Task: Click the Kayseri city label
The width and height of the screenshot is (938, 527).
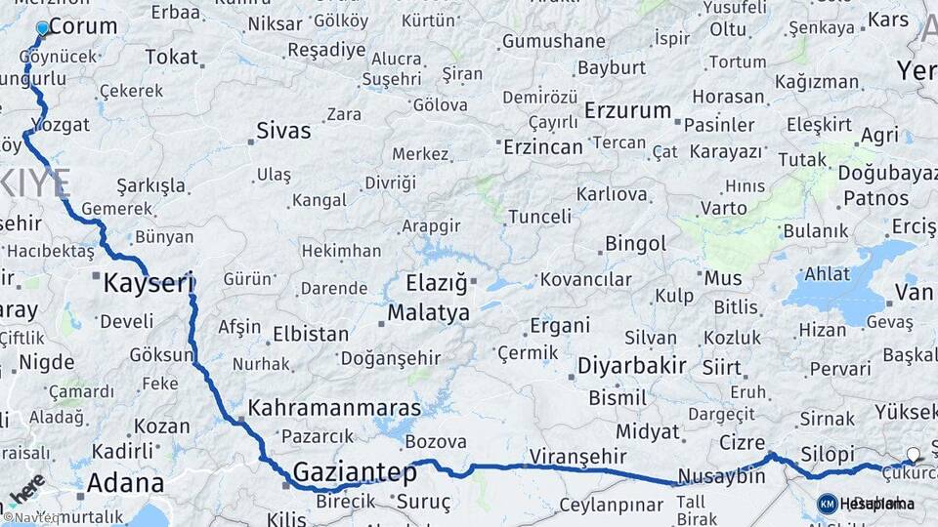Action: coord(149,284)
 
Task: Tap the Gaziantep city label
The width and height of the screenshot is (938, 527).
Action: coord(355,472)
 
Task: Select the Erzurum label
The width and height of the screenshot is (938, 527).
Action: coord(627,110)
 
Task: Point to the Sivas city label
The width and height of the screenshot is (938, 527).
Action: coord(283,131)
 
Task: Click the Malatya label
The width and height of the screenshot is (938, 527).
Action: coord(428,313)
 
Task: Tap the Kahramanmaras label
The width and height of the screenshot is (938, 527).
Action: coord(334,408)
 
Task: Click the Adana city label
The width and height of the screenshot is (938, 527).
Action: coord(125,483)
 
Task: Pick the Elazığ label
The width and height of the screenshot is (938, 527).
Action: coord(438,285)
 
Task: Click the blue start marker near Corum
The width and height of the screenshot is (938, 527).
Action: coord(42,29)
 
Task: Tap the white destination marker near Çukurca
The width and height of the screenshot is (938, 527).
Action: coord(913,455)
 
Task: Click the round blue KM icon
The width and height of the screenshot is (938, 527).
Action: coord(827,504)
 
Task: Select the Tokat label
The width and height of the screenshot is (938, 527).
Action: coord(171,57)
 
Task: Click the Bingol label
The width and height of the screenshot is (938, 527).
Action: coord(635,243)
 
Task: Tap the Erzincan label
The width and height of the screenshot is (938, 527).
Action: coord(542,146)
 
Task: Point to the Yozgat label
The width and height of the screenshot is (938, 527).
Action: coord(61,125)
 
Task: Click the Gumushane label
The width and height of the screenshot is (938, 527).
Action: coord(553,41)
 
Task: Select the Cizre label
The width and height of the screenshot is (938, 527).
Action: coord(742,442)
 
